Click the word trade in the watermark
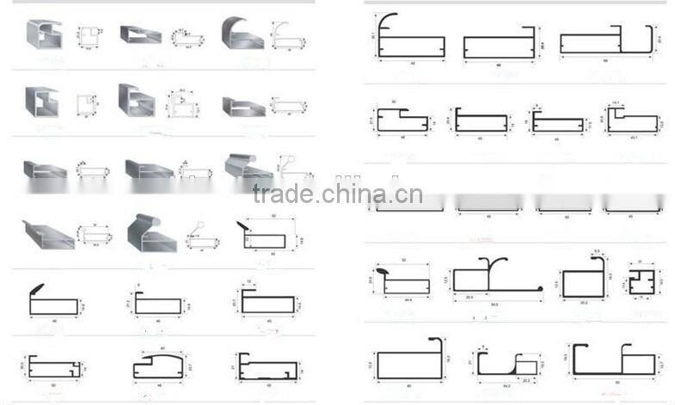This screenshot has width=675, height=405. [284, 194]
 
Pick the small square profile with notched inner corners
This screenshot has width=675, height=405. [641, 281]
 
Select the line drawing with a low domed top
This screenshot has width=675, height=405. [159, 365]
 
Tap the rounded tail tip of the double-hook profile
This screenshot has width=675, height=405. [541, 288]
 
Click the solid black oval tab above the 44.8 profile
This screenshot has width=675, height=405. [383, 270]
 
